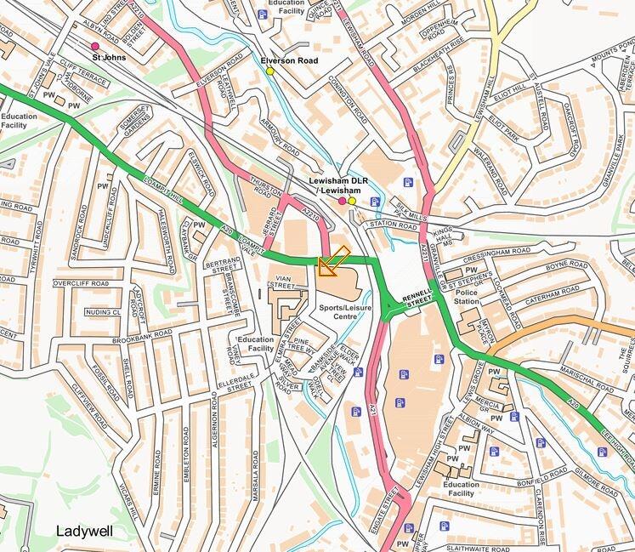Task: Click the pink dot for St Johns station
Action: click(94, 45)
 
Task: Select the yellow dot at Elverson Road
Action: click(270, 71)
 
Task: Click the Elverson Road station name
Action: click(289, 61)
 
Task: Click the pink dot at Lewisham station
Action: click(342, 202)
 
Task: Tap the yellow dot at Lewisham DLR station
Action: click(352, 202)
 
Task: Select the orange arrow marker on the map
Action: click(332, 262)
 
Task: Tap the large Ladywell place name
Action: click(85, 531)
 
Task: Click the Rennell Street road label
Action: click(417, 299)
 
